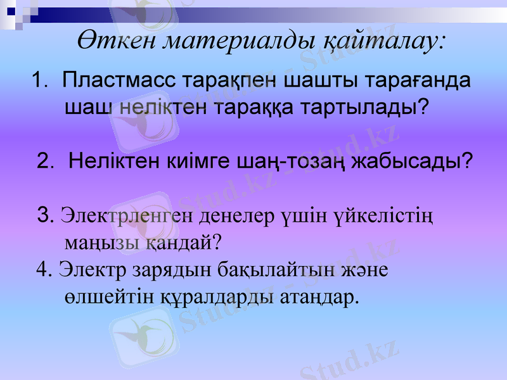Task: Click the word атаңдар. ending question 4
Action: [319, 296]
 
